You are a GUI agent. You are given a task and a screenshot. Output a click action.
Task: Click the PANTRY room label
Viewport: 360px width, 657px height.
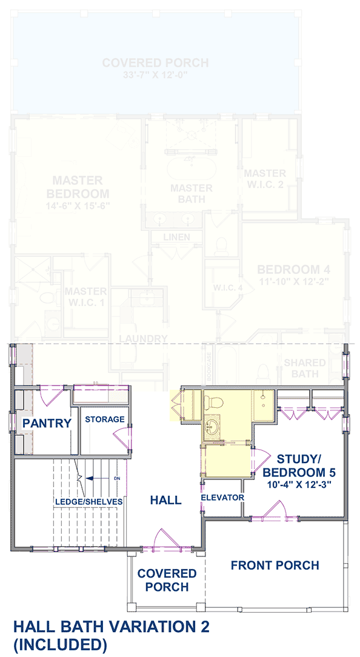click(47, 423)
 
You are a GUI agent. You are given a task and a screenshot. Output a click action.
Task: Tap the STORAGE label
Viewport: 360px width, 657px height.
click(104, 419)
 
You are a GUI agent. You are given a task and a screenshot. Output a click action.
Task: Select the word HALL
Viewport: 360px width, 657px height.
click(165, 500)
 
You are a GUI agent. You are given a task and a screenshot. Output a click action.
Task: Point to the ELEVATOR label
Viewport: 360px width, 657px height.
click(222, 498)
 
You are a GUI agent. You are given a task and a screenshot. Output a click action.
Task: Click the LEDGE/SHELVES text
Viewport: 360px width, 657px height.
click(88, 501)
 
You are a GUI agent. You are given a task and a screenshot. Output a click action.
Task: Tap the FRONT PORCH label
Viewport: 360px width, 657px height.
click(275, 565)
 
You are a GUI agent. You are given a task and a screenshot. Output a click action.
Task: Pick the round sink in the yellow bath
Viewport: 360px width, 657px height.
click(213, 427)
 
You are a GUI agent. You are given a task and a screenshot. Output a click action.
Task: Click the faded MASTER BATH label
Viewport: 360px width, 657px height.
click(191, 193)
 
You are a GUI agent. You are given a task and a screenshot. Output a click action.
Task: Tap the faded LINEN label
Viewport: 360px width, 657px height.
click(176, 237)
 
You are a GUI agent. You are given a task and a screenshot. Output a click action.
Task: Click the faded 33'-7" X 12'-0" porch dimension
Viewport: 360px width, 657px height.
click(155, 75)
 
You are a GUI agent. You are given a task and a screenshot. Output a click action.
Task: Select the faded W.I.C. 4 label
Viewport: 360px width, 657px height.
click(228, 287)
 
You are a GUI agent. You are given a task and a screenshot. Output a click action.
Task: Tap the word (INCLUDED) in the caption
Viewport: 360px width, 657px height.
click(60, 643)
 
